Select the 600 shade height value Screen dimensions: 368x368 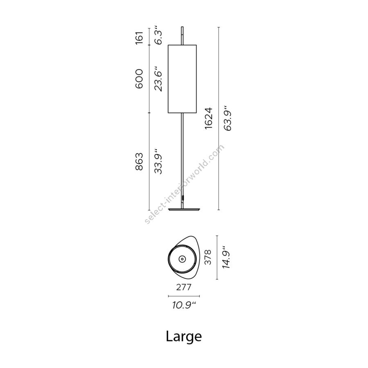pos(139,79)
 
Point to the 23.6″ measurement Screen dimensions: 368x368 pos(158,78)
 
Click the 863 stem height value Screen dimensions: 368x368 pos(139,162)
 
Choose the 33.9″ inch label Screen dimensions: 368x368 pos(158,161)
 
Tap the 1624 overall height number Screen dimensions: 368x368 pos(209,118)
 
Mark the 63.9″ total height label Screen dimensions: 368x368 pos(228,118)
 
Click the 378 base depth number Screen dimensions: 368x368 pos(208,257)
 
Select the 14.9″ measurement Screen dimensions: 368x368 pos(227,257)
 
